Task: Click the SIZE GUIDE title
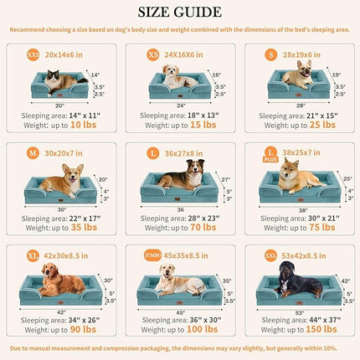coord(180,12)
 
